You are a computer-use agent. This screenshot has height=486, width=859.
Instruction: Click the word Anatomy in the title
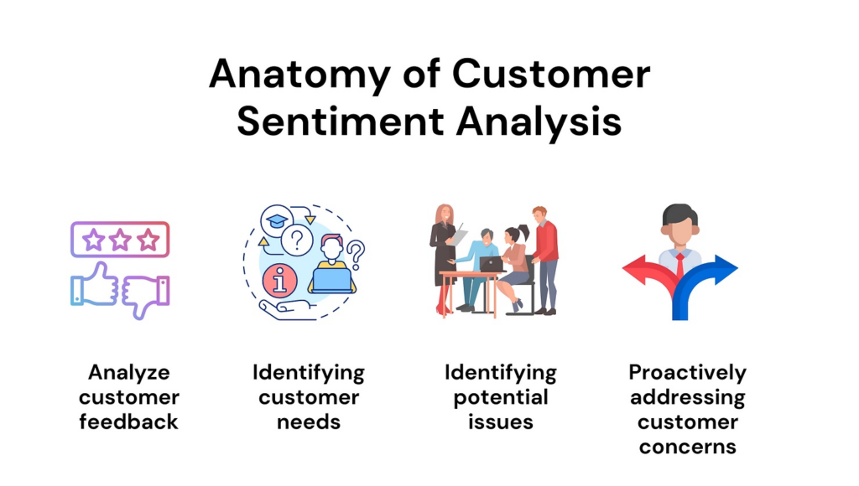(x=299, y=74)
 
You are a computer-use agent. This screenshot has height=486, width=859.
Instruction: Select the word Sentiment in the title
(x=341, y=121)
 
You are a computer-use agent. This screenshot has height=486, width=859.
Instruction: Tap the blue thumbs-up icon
(x=95, y=284)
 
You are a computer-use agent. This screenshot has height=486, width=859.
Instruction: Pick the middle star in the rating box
(x=120, y=240)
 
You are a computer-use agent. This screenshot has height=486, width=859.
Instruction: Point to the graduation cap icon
(x=277, y=221)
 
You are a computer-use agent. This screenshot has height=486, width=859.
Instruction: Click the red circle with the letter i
(x=279, y=280)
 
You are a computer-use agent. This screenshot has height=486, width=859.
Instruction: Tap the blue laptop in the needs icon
(x=331, y=280)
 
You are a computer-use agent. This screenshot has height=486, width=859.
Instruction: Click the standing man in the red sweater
(x=545, y=260)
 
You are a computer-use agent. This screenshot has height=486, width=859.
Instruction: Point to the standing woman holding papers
(x=444, y=257)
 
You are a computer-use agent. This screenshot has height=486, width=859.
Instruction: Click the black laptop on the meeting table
(x=492, y=264)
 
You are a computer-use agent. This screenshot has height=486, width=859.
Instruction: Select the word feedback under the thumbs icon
(x=128, y=422)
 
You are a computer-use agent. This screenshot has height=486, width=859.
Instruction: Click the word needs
(x=309, y=422)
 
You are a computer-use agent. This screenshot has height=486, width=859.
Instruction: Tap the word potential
(x=501, y=398)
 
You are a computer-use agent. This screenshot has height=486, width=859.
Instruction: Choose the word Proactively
(x=688, y=373)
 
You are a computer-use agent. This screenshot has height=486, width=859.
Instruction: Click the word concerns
(x=688, y=447)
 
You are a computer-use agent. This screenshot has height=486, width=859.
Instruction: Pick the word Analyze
(x=129, y=373)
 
